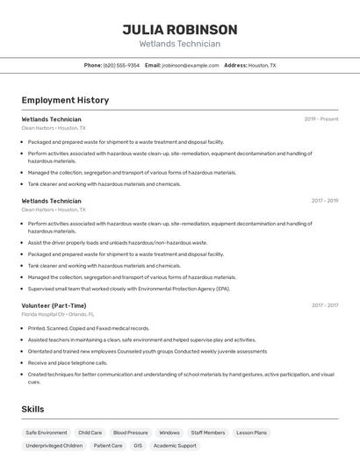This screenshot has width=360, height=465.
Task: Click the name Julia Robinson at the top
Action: [x=179, y=29]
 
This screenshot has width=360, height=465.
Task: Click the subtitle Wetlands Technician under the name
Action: [x=179, y=44]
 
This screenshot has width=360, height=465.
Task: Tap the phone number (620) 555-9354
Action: [x=121, y=65]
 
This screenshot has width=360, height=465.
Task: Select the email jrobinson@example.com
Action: [x=191, y=65]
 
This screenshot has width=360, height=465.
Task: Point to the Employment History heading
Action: [x=65, y=100]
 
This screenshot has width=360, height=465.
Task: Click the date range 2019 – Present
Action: [x=320, y=119]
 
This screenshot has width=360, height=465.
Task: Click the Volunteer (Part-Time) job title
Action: [x=54, y=305]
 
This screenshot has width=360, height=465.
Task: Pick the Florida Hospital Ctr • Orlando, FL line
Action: [x=57, y=314]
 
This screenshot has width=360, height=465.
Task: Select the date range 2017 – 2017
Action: [x=324, y=305]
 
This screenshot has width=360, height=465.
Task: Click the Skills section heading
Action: [x=32, y=409]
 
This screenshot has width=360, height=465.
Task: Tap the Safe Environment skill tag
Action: [x=47, y=433]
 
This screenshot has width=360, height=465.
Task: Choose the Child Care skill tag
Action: [x=90, y=433]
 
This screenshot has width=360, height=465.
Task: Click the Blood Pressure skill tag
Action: [x=131, y=433]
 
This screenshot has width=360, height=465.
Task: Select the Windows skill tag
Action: [x=169, y=433]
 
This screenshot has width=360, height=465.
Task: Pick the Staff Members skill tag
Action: [x=208, y=433]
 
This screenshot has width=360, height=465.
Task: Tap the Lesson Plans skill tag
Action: [x=251, y=433]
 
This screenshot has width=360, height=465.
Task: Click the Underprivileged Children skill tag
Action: [x=54, y=446]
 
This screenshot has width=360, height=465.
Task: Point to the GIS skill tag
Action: [x=138, y=446]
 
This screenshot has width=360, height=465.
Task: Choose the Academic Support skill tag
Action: [x=175, y=446]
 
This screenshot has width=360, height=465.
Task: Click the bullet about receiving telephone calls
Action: [x=67, y=362]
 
